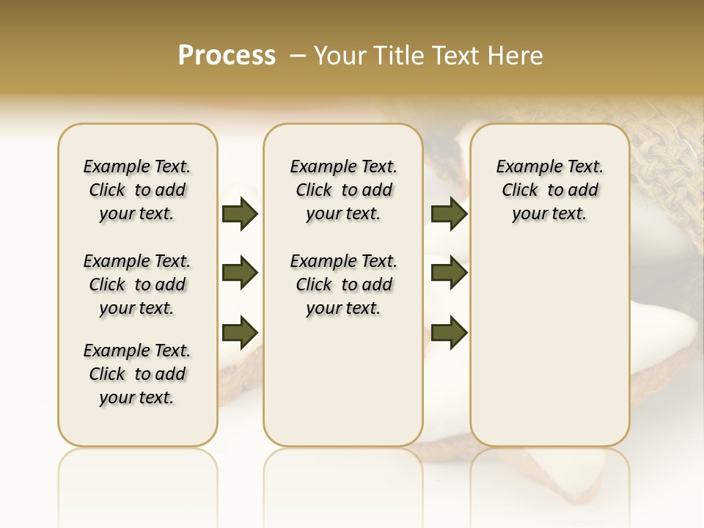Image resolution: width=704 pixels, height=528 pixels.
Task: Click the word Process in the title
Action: pyautogui.click(x=227, y=56)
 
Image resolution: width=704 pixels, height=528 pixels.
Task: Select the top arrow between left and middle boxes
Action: pyautogui.click(x=240, y=213)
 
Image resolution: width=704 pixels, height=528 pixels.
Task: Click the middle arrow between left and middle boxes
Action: pyautogui.click(x=240, y=273)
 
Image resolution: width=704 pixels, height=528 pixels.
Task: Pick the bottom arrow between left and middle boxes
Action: pyautogui.click(x=240, y=332)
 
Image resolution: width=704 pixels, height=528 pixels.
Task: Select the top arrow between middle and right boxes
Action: pyautogui.click(x=449, y=213)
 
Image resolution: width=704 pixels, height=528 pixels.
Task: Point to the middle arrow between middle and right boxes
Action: pyautogui.click(x=449, y=273)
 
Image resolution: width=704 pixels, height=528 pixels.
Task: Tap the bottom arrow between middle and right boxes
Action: pyautogui.click(x=449, y=332)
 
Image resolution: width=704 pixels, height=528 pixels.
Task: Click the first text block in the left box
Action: pyautogui.click(x=137, y=190)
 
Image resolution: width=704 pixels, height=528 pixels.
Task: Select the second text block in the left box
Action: pyautogui.click(x=137, y=285)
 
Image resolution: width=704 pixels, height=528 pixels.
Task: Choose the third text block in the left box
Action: pyautogui.click(x=137, y=374)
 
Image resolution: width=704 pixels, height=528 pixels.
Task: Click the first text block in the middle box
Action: pyautogui.click(x=343, y=190)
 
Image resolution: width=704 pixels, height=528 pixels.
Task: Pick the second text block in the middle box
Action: pyautogui.click(x=343, y=285)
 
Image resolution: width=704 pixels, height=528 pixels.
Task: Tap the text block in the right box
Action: pyautogui.click(x=549, y=190)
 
